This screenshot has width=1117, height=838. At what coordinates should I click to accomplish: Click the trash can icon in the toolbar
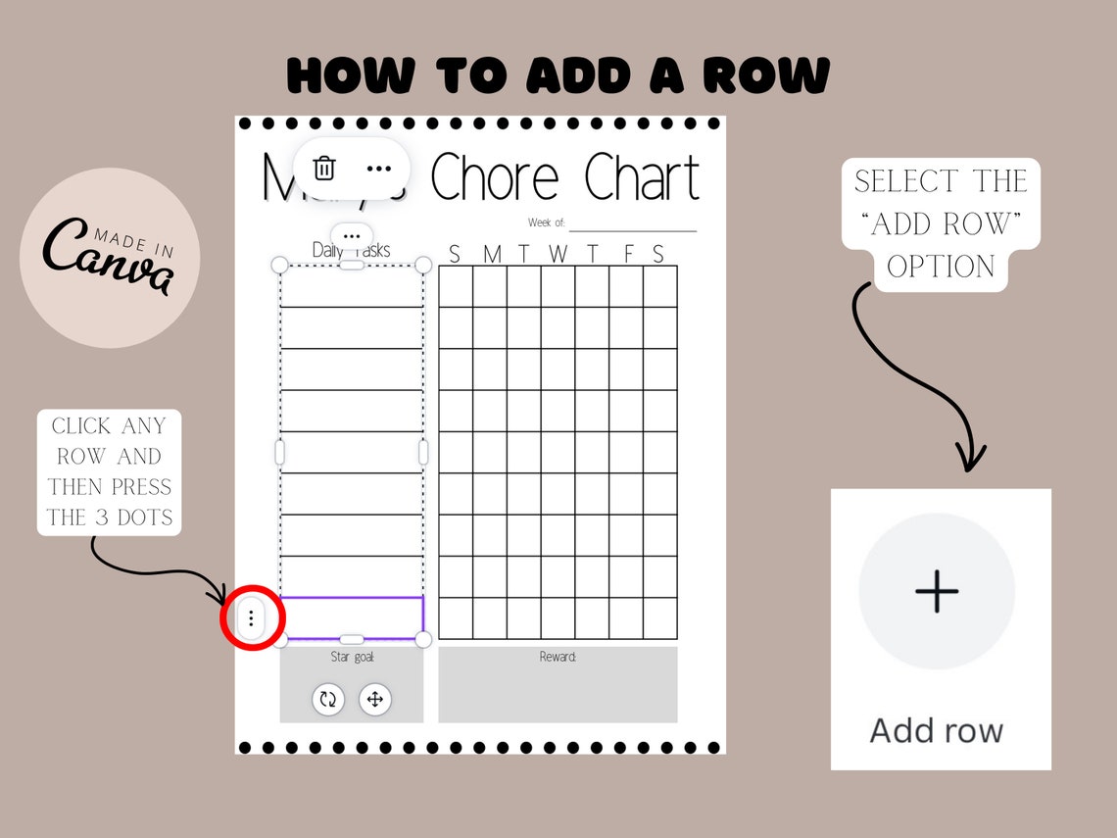(324, 169)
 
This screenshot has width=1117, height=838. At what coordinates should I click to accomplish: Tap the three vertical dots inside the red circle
(252, 618)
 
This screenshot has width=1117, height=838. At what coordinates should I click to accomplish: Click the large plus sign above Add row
(937, 592)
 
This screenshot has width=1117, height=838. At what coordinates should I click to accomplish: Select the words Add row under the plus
(937, 731)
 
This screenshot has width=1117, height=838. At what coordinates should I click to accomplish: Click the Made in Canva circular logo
(110, 258)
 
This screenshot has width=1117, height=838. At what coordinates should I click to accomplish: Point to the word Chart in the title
(642, 178)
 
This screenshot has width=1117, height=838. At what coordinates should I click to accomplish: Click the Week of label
(547, 223)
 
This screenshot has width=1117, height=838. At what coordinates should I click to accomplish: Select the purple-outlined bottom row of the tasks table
(352, 616)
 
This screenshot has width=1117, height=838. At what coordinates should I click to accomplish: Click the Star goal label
(352, 657)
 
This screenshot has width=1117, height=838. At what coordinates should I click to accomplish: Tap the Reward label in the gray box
(558, 657)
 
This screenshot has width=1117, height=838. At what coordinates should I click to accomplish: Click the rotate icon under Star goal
(328, 699)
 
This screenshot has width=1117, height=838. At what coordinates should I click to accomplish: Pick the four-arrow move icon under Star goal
(375, 699)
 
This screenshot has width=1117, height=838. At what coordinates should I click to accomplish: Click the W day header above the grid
(558, 255)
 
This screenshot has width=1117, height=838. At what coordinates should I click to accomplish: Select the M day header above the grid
(492, 255)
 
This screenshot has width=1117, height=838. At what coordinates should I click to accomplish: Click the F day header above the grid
(628, 255)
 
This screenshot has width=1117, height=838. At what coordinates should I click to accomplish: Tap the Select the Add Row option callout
(941, 224)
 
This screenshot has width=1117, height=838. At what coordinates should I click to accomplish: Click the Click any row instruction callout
(110, 471)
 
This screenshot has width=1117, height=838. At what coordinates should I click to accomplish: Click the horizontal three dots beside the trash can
(378, 169)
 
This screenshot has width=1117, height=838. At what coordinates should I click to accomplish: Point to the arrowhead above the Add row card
(971, 459)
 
